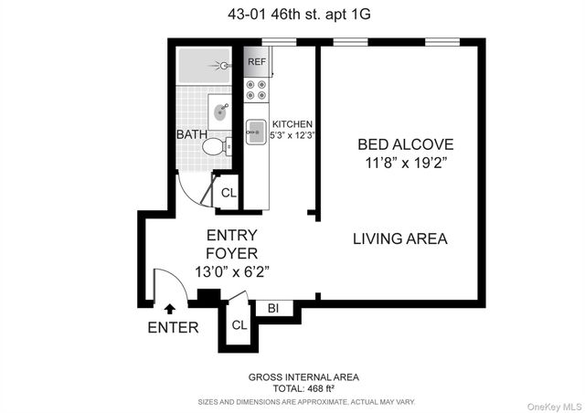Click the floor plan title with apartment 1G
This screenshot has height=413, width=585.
(292, 13)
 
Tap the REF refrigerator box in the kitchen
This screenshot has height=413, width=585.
(257, 63)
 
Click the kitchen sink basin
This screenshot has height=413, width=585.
(256, 127)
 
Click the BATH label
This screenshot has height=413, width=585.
(192, 135)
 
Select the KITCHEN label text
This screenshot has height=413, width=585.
(292, 124)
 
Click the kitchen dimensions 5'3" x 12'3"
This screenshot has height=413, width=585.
(292, 136)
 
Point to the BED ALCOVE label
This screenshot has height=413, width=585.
(405, 144)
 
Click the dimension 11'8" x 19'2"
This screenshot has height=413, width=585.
(405, 164)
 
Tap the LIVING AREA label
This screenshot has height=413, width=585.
(400, 239)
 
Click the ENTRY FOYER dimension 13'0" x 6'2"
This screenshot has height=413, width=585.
(231, 271)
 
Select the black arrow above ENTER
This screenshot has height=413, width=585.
(167, 311)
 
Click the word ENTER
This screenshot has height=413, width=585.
(172, 327)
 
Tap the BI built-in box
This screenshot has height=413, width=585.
(272, 309)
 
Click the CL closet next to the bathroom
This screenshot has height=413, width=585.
(229, 193)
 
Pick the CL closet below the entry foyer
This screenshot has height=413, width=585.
(239, 324)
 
